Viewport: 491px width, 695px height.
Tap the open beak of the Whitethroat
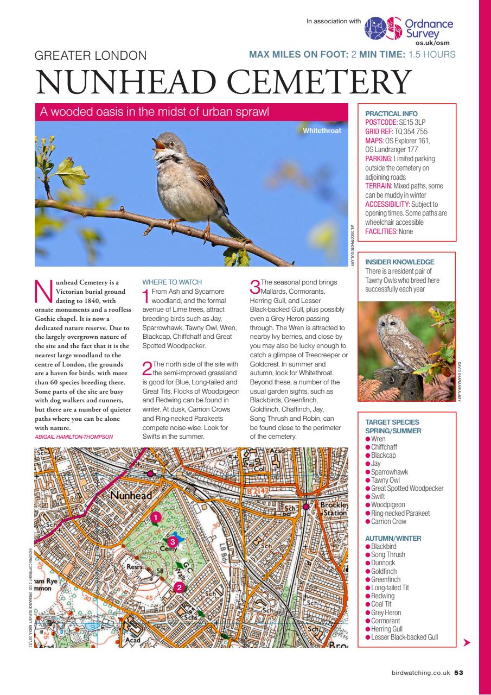pyautogui.click(x=157, y=144)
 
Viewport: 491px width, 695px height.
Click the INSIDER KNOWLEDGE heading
pyautogui.click(x=400, y=262)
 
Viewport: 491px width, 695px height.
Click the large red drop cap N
pyautogui.click(x=43, y=292)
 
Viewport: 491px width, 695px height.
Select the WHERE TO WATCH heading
pyautogui.click(x=171, y=282)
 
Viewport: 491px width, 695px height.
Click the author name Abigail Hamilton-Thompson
pyautogui.click(x=73, y=436)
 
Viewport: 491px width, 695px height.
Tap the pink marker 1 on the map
pyautogui.click(x=155, y=517)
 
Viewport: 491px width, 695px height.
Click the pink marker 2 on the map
pyautogui.click(x=180, y=586)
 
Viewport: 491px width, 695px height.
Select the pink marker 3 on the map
pyautogui.click(x=173, y=541)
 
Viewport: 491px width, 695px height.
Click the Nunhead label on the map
pyautogui.click(x=132, y=496)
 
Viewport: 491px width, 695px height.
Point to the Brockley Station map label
pyautogui.click(x=334, y=509)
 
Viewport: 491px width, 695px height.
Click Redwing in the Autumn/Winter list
pyautogui.click(x=382, y=596)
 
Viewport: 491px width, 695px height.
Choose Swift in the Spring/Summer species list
pyautogui.click(x=378, y=496)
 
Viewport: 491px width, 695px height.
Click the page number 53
pyautogui.click(x=458, y=672)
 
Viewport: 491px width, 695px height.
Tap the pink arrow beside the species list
pyautogui.click(x=467, y=643)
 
